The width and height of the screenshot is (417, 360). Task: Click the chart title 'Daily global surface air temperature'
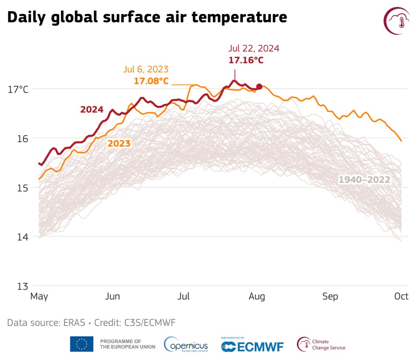click(147, 17)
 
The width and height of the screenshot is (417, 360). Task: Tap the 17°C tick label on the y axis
click(18, 90)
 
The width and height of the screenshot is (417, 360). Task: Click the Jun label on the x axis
click(113, 296)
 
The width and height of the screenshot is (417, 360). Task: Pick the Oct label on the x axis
click(401, 296)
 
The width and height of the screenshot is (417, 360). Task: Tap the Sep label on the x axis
click(330, 296)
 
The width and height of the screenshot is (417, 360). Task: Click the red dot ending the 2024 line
click(259, 87)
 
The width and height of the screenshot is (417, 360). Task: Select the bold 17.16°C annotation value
click(246, 60)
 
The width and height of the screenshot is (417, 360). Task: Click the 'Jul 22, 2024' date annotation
click(254, 49)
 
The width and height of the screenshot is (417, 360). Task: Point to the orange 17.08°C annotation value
click(151, 81)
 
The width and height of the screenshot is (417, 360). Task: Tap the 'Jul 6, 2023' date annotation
click(146, 69)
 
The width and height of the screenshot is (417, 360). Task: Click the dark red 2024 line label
click(92, 110)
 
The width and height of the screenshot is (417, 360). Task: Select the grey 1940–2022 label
click(364, 180)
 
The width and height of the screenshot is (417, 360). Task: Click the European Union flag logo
click(81, 344)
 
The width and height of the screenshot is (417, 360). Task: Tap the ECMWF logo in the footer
click(252, 346)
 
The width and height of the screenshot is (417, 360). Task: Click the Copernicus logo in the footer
click(186, 345)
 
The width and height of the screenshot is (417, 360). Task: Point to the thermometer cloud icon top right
click(397, 20)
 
